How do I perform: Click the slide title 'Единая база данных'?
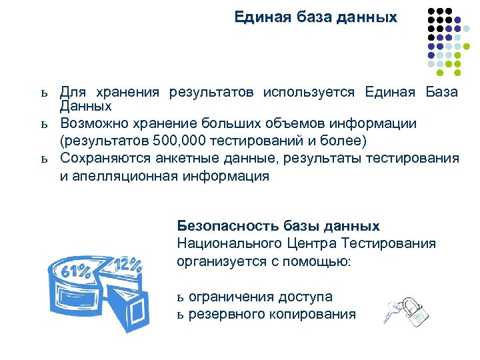(x=315, y=16)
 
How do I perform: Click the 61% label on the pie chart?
(x=76, y=272)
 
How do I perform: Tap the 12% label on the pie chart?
(x=128, y=264)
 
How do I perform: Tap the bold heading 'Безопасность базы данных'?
(x=278, y=226)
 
